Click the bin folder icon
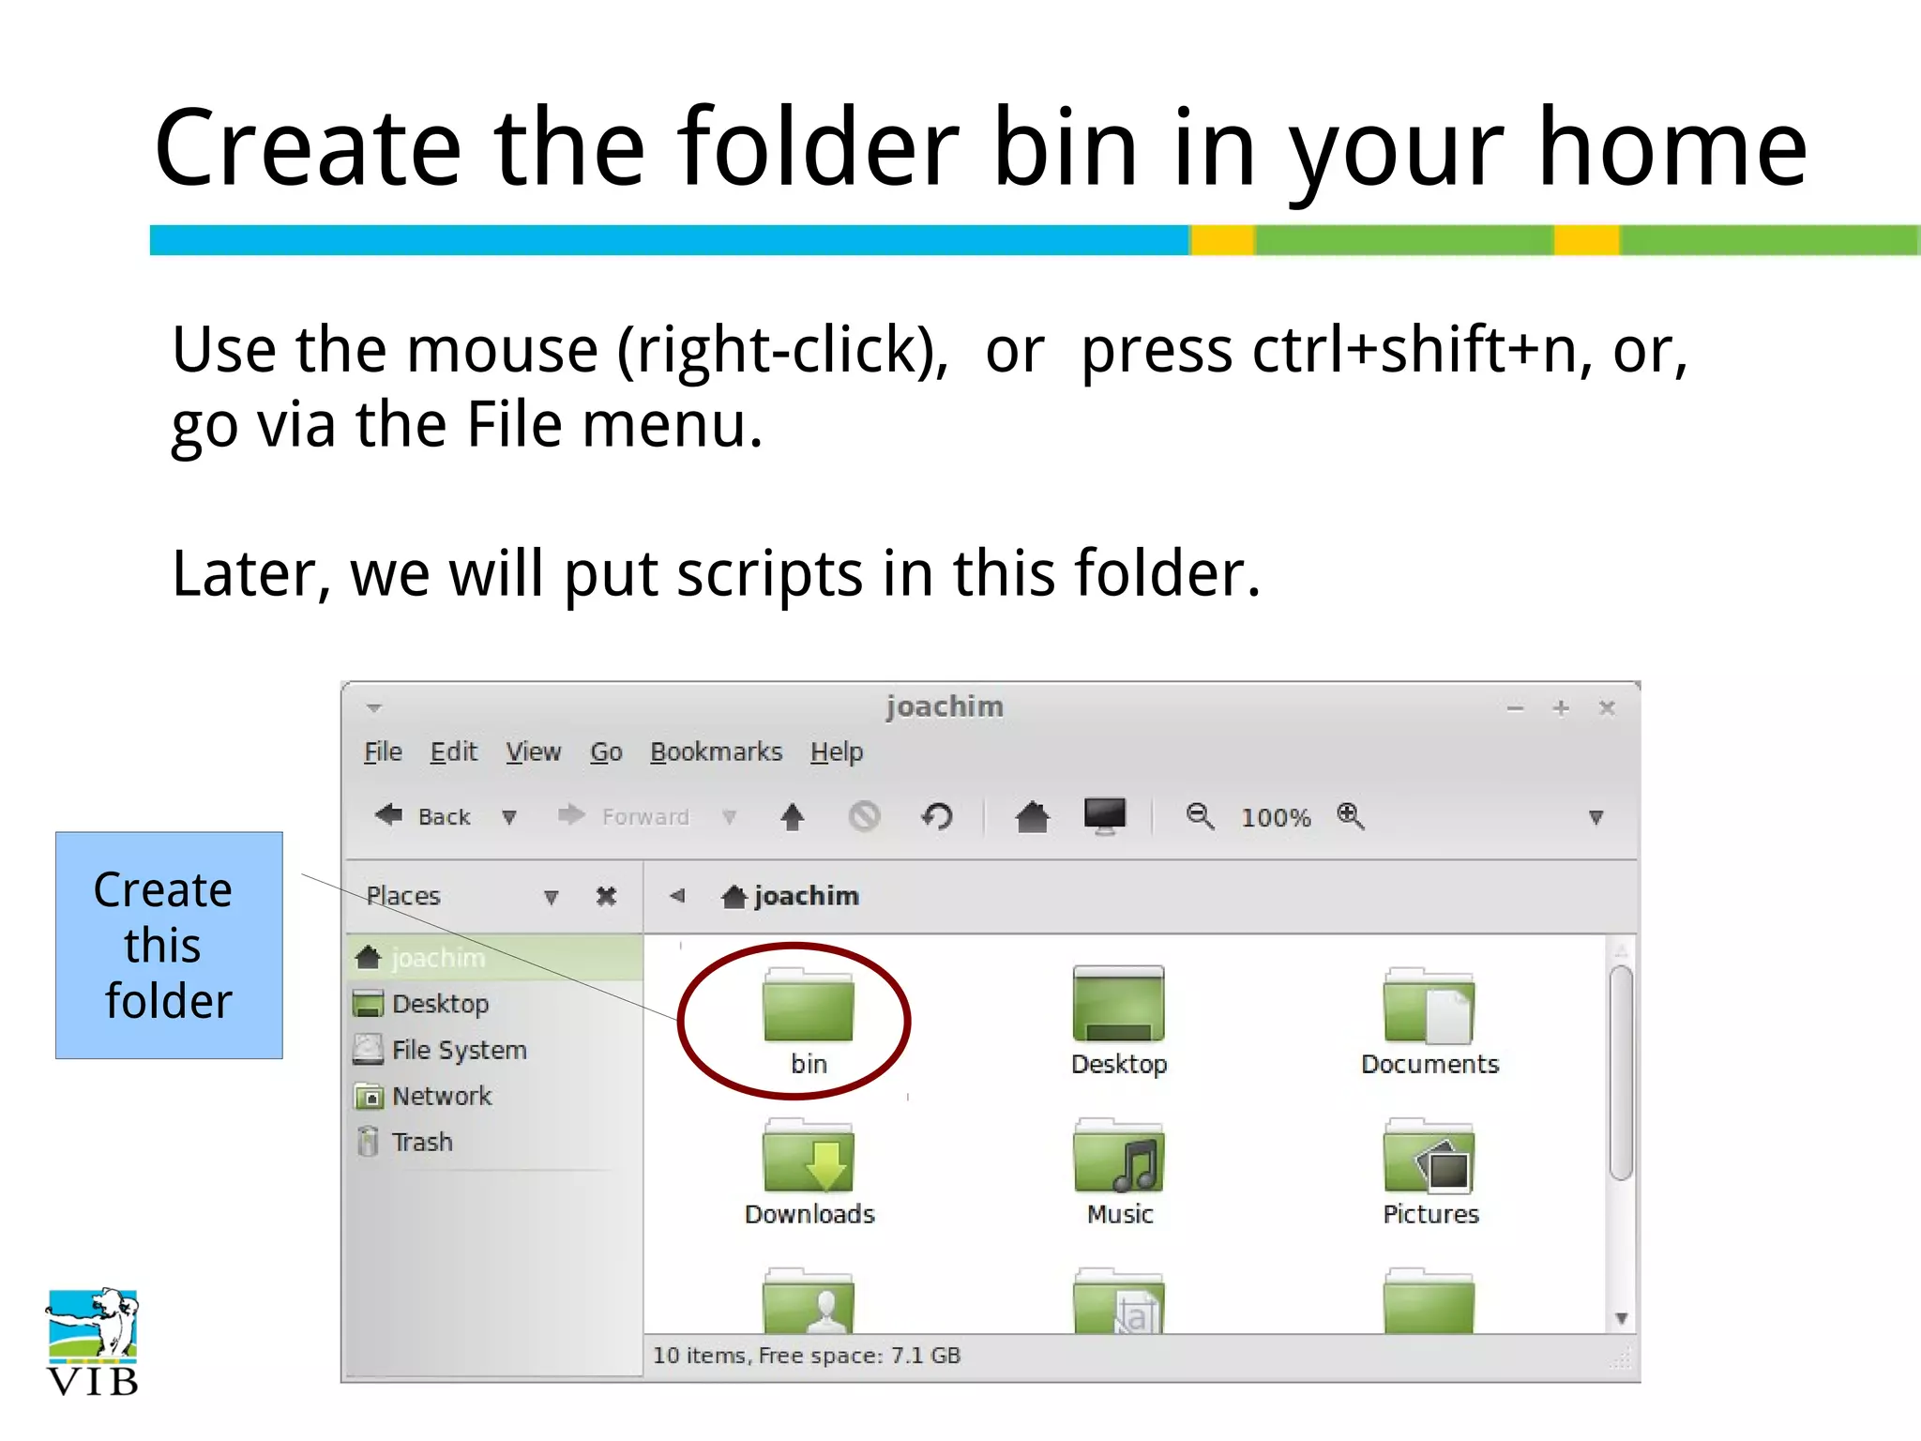tap(809, 1006)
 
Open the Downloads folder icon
tap(809, 1156)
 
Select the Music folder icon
tap(1119, 1156)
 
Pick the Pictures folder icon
tap(1429, 1156)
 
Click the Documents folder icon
tap(1429, 1006)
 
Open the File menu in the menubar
tap(383, 752)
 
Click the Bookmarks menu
tap(716, 752)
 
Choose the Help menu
tap(837, 752)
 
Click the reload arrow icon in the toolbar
tap(937, 816)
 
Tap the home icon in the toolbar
tap(1032, 816)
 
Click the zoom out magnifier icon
tap(1200, 816)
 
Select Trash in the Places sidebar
tap(422, 1142)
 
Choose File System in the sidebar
tap(459, 1050)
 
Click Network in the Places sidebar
tap(441, 1096)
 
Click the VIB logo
tap(93, 1342)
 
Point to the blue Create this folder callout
tap(169, 945)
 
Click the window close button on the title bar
tap(1607, 707)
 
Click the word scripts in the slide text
tap(769, 573)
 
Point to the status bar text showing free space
tap(807, 1356)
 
